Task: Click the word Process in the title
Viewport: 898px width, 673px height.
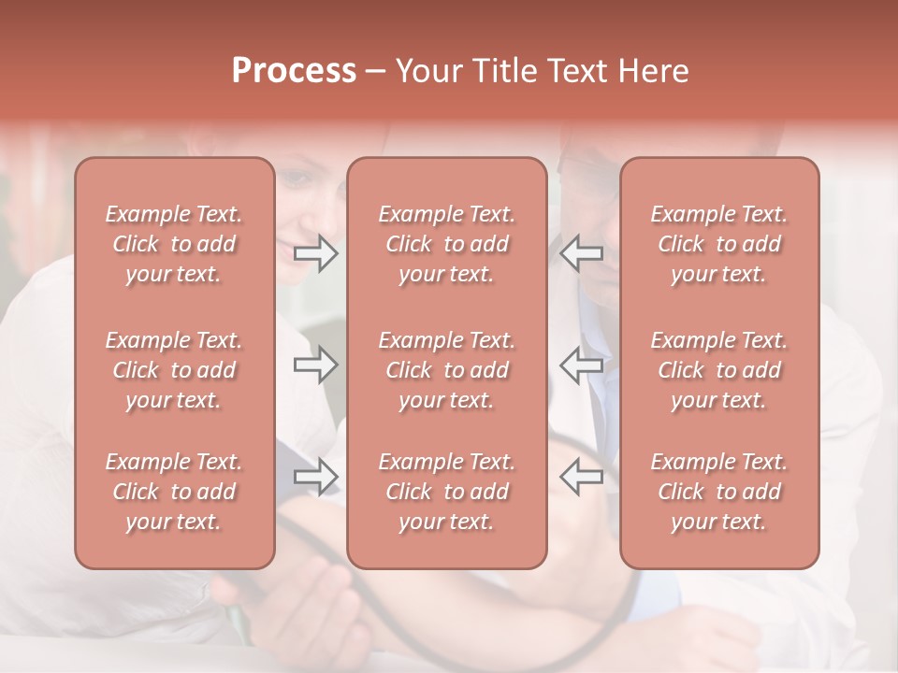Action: pyautogui.click(x=294, y=71)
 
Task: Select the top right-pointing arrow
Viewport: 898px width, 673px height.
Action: pyautogui.click(x=316, y=253)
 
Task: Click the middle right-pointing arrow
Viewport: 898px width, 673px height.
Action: pyautogui.click(x=316, y=365)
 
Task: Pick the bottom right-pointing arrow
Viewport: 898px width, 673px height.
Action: pyautogui.click(x=316, y=477)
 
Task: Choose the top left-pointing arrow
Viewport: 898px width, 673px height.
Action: pyautogui.click(x=581, y=253)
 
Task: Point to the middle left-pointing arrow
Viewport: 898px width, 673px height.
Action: pyautogui.click(x=581, y=365)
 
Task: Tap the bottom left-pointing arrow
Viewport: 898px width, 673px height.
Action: pyautogui.click(x=581, y=477)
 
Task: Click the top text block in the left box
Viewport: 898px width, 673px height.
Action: pyautogui.click(x=174, y=244)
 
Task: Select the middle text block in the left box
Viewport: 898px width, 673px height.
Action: pyautogui.click(x=174, y=370)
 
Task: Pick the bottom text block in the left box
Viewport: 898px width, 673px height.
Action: pyautogui.click(x=174, y=492)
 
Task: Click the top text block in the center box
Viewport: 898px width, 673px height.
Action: pyautogui.click(x=446, y=244)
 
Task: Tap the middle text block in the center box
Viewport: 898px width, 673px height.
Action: pyautogui.click(x=446, y=370)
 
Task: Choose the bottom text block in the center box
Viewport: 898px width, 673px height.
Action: pyautogui.click(x=446, y=492)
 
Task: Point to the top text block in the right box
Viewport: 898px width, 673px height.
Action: pyautogui.click(x=718, y=244)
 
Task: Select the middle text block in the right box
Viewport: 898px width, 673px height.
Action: pyautogui.click(x=718, y=370)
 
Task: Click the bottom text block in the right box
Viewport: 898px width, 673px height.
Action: pyautogui.click(x=718, y=492)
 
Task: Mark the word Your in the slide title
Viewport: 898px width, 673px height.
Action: pyautogui.click(x=427, y=71)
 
